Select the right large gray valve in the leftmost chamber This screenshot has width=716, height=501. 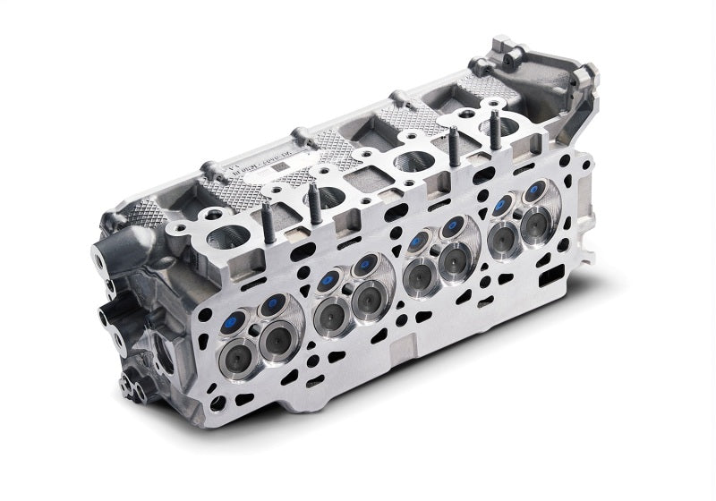click(277, 339)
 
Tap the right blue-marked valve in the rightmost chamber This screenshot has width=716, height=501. click(536, 190)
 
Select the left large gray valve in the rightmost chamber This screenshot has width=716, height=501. click(505, 234)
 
